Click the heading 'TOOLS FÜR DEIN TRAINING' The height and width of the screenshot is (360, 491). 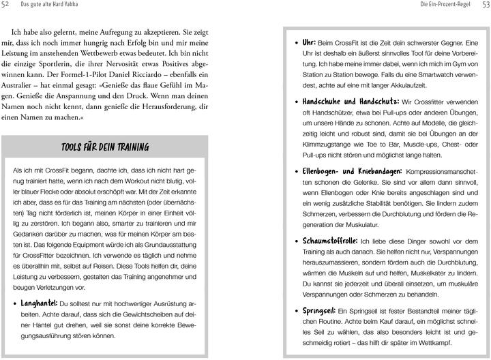coord(104,147)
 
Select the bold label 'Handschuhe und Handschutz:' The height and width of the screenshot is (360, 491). coord(351,101)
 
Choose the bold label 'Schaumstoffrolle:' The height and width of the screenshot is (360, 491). coord(330,241)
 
